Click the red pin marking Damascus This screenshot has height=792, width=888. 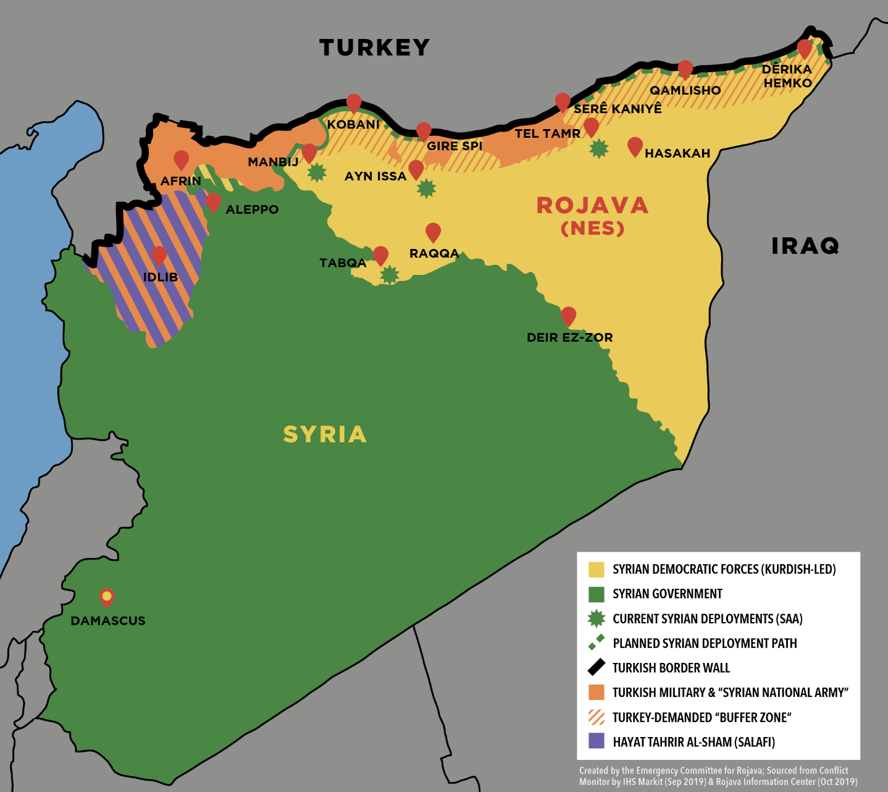point(107,597)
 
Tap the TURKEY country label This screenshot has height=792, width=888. point(374,48)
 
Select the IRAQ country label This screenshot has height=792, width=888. point(805,246)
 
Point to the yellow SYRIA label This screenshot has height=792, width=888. point(325,434)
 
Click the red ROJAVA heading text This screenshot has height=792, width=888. point(592,206)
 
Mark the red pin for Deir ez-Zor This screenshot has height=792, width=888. point(568,316)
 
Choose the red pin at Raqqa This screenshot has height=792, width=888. point(433,232)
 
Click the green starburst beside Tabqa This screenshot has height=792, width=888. point(389,274)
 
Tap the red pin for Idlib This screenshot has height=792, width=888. point(159,255)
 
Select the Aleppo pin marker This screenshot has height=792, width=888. point(213,202)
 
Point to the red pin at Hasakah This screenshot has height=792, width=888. point(635,146)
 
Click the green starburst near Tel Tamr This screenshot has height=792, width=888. point(598,148)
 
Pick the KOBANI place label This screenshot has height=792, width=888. point(353,124)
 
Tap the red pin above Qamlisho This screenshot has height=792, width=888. point(685,69)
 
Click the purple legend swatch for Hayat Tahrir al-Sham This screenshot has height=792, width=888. point(596,741)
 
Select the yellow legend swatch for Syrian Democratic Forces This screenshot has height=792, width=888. point(596,569)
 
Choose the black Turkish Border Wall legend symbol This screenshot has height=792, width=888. point(596,667)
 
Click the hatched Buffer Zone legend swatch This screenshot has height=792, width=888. point(596,717)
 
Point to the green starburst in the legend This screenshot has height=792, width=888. point(596,618)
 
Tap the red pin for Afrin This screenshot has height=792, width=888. point(181,159)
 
